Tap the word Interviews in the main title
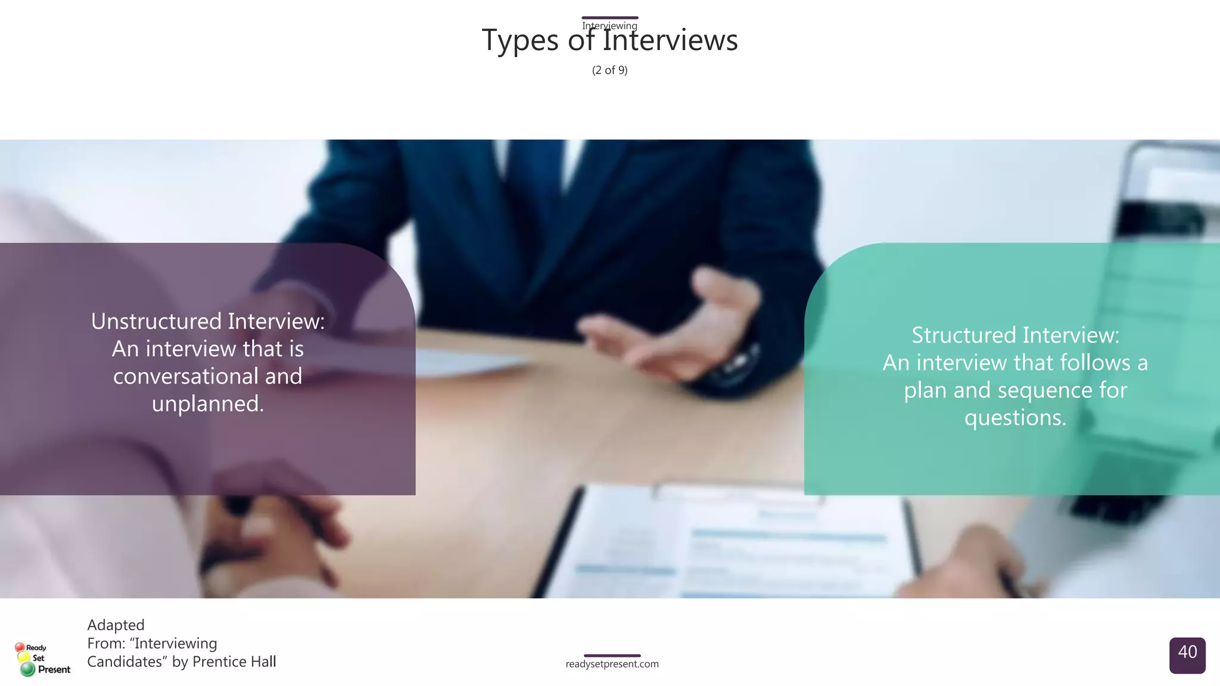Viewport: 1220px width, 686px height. pos(670,40)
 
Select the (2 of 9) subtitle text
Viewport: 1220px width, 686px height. pos(609,70)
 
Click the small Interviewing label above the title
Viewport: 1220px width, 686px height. pos(609,26)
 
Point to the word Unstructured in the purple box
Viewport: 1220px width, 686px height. pos(156,322)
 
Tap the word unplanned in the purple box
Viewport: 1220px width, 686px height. pos(207,404)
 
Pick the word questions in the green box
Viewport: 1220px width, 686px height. pos(1015,418)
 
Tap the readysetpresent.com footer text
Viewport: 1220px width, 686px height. pos(612,664)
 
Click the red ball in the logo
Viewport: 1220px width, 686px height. pos(20,647)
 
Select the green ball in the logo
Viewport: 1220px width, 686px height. pos(27,669)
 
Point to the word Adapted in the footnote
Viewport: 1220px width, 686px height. pos(116,625)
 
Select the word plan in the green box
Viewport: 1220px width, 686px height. pos(925,391)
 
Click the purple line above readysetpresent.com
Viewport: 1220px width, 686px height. pos(612,656)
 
